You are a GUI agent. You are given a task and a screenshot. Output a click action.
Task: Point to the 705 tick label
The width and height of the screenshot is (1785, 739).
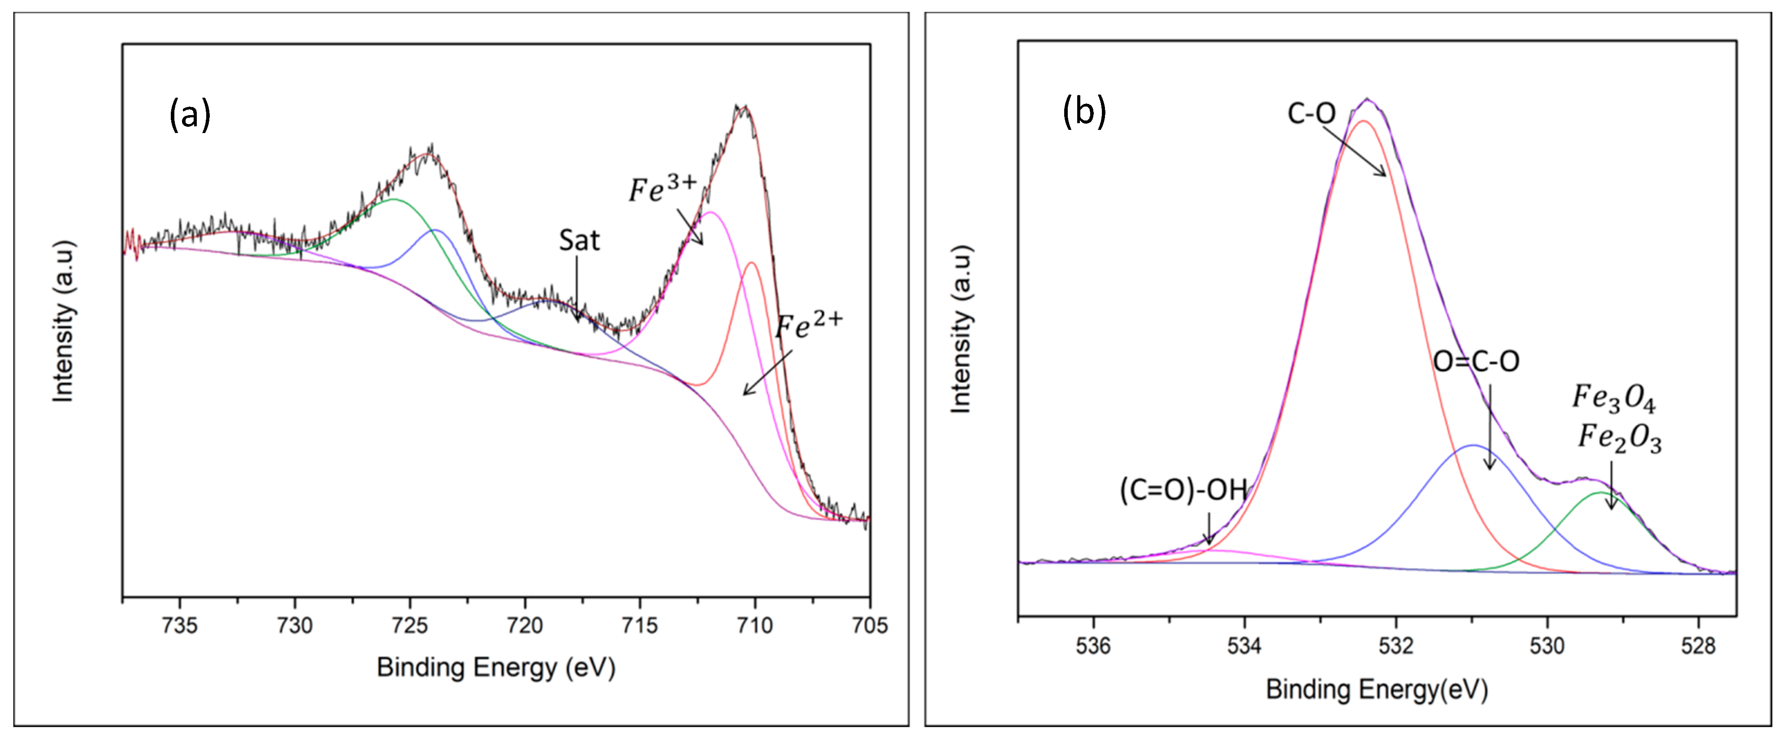[869, 625]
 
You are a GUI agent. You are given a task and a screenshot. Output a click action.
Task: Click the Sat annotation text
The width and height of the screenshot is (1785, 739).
[579, 241]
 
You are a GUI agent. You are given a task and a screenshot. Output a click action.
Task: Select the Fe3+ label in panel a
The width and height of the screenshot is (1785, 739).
[663, 189]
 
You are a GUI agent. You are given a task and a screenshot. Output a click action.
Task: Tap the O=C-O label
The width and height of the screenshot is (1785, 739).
[1476, 361]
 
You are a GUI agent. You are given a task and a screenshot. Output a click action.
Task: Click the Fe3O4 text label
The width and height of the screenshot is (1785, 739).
[1613, 398]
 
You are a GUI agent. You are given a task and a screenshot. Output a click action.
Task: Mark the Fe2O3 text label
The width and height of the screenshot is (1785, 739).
[1620, 438]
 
